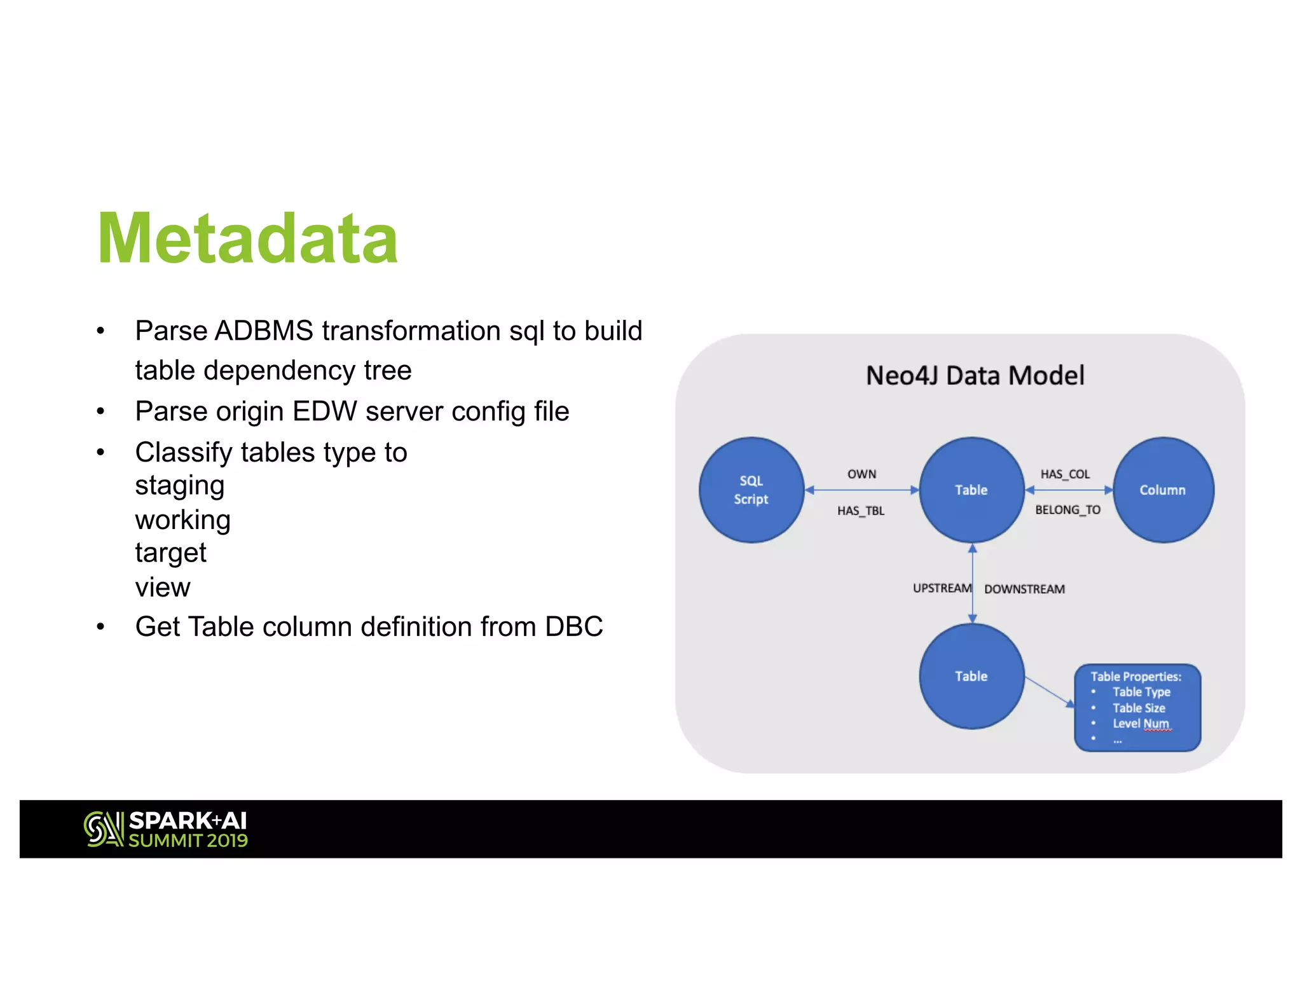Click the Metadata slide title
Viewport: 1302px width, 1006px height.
pyautogui.click(x=247, y=239)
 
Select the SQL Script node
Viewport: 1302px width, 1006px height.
pyautogui.click(x=751, y=490)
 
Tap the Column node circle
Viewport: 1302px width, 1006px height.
pyautogui.click(x=1163, y=490)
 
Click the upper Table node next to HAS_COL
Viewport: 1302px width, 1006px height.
pyautogui.click(x=971, y=490)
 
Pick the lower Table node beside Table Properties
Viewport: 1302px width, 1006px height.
pyautogui.click(x=971, y=676)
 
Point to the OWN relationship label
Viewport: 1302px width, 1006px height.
pyautogui.click(x=861, y=474)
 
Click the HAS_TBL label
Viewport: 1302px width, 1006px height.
pyautogui.click(x=861, y=511)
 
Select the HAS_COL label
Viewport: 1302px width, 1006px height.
pyautogui.click(x=1065, y=474)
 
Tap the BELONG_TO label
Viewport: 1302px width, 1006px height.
pyautogui.click(x=1067, y=510)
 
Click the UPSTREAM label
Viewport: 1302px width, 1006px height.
pyautogui.click(x=942, y=588)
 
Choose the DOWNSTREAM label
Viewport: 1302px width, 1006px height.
pyautogui.click(x=1024, y=589)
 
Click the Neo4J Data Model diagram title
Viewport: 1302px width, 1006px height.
pyautogui.click(x=975, y=376)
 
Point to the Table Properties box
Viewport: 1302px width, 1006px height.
pyautogui.click(x=1137, y=708)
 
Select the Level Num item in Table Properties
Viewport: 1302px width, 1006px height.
pyautogui.click(x=1141, y=724)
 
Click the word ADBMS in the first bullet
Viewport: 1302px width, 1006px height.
pyautogui.click(x=264, y=331)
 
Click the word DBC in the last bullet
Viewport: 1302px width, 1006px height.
pyautogui.click(x=573, y=627)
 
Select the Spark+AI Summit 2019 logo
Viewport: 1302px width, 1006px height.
pyautogui.click(x=166, y=829)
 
